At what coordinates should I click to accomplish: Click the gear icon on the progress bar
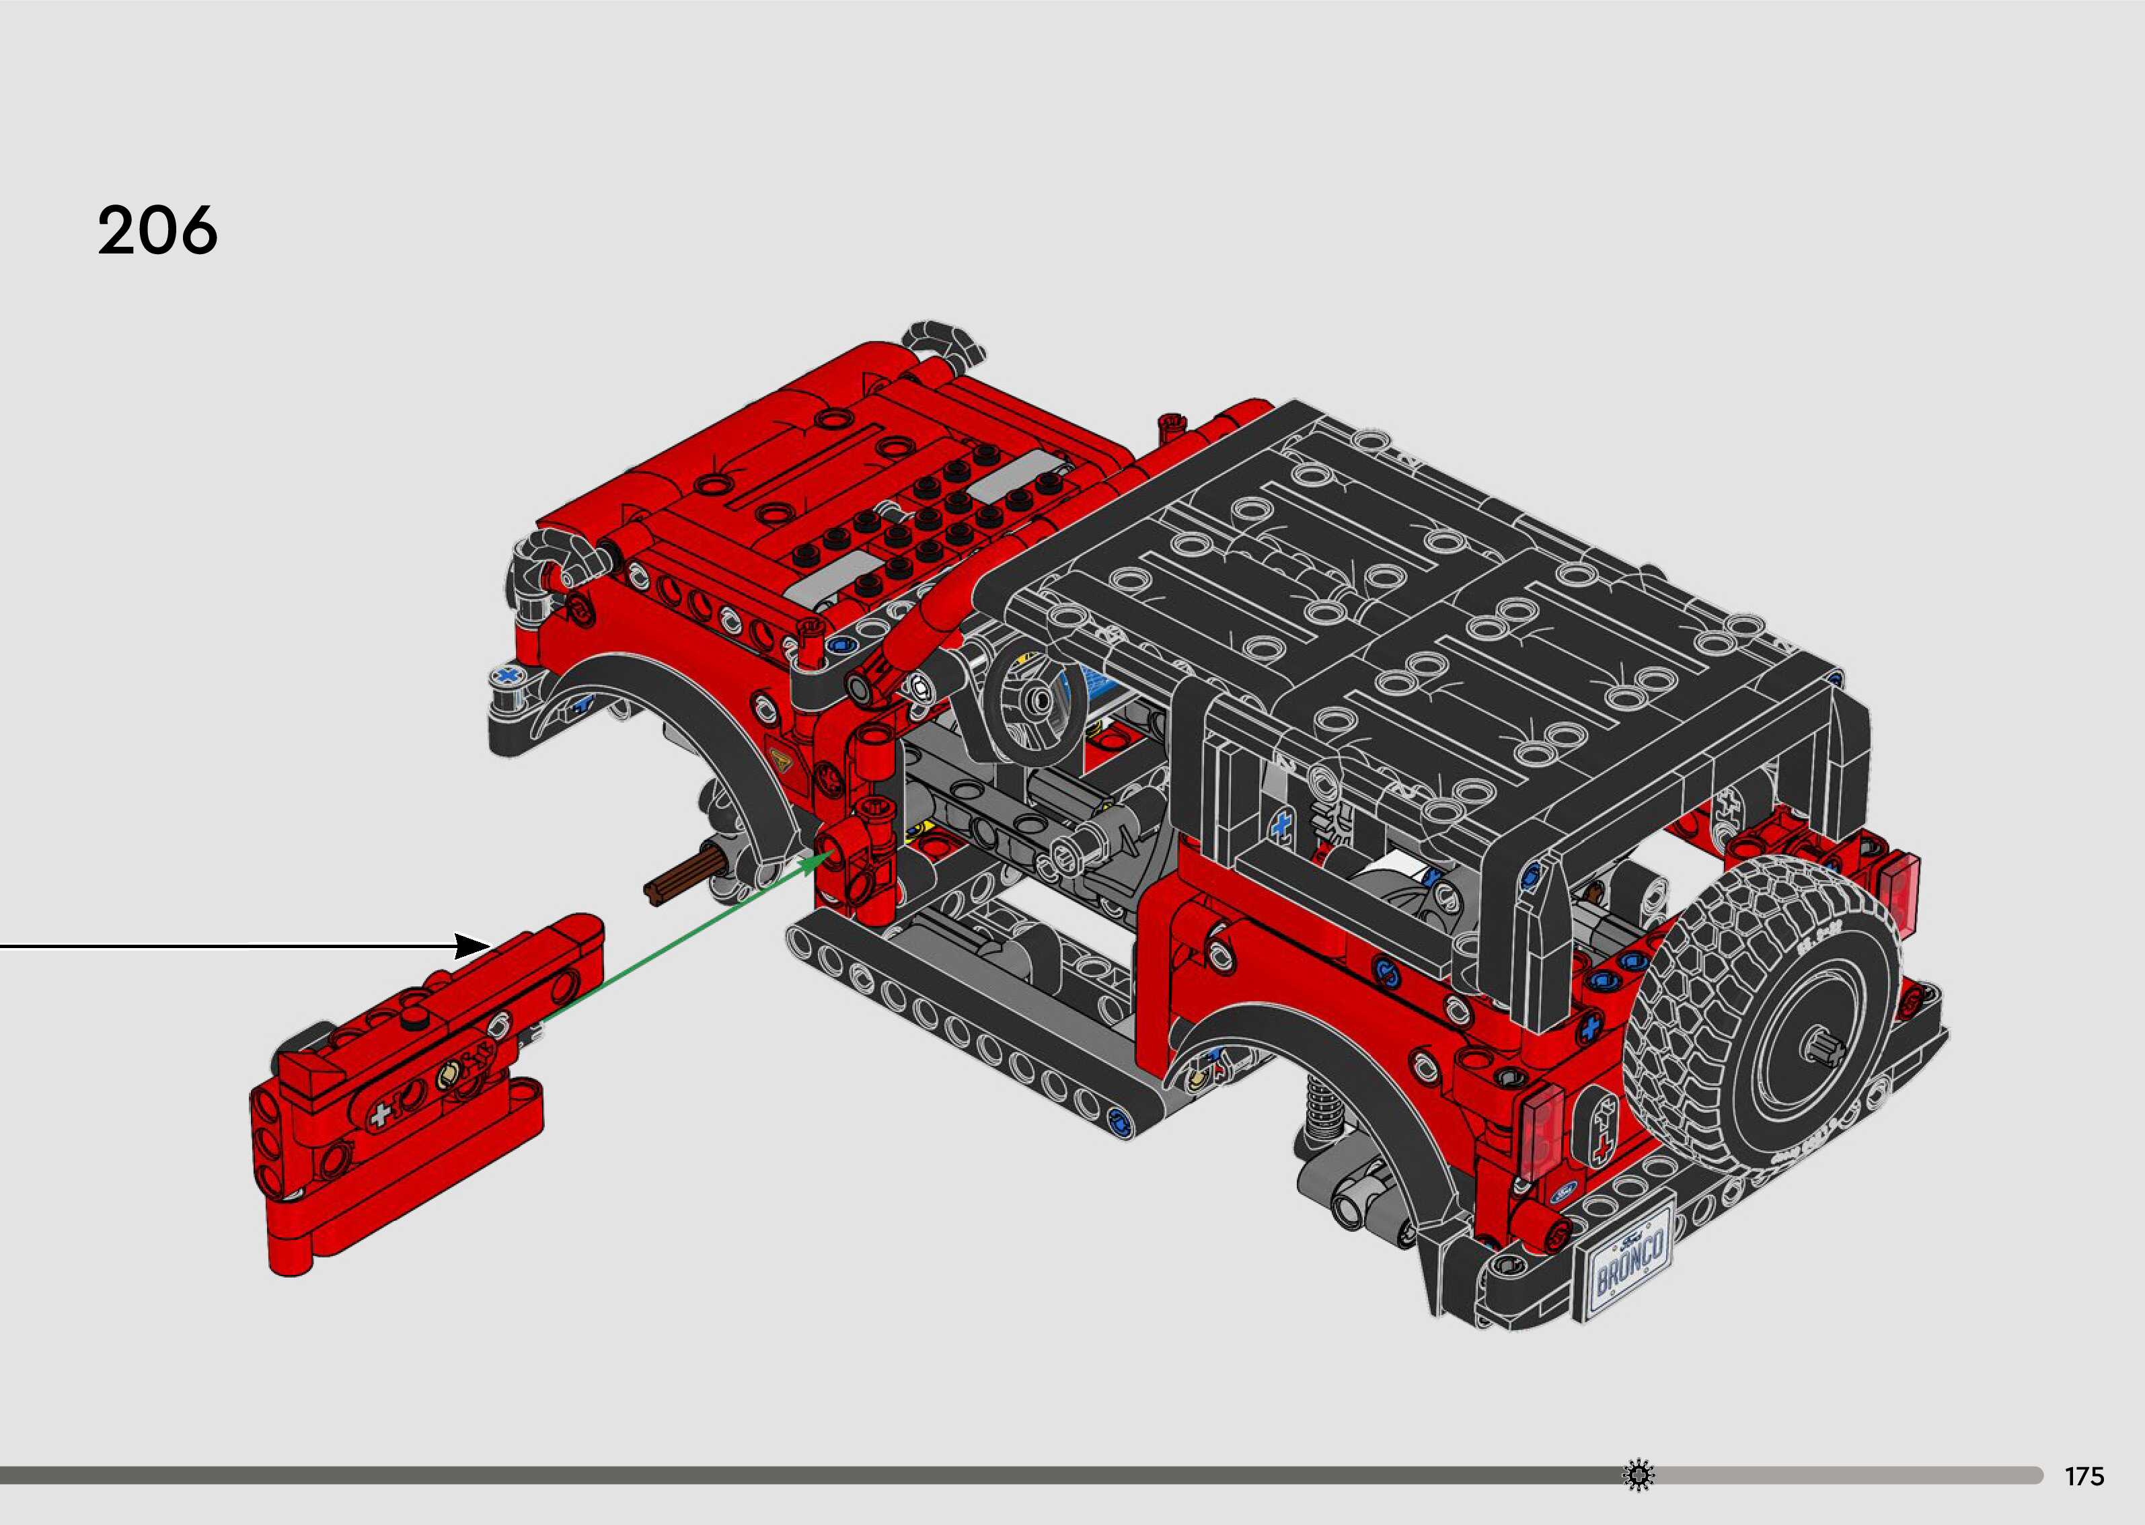coord(1639,1475)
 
